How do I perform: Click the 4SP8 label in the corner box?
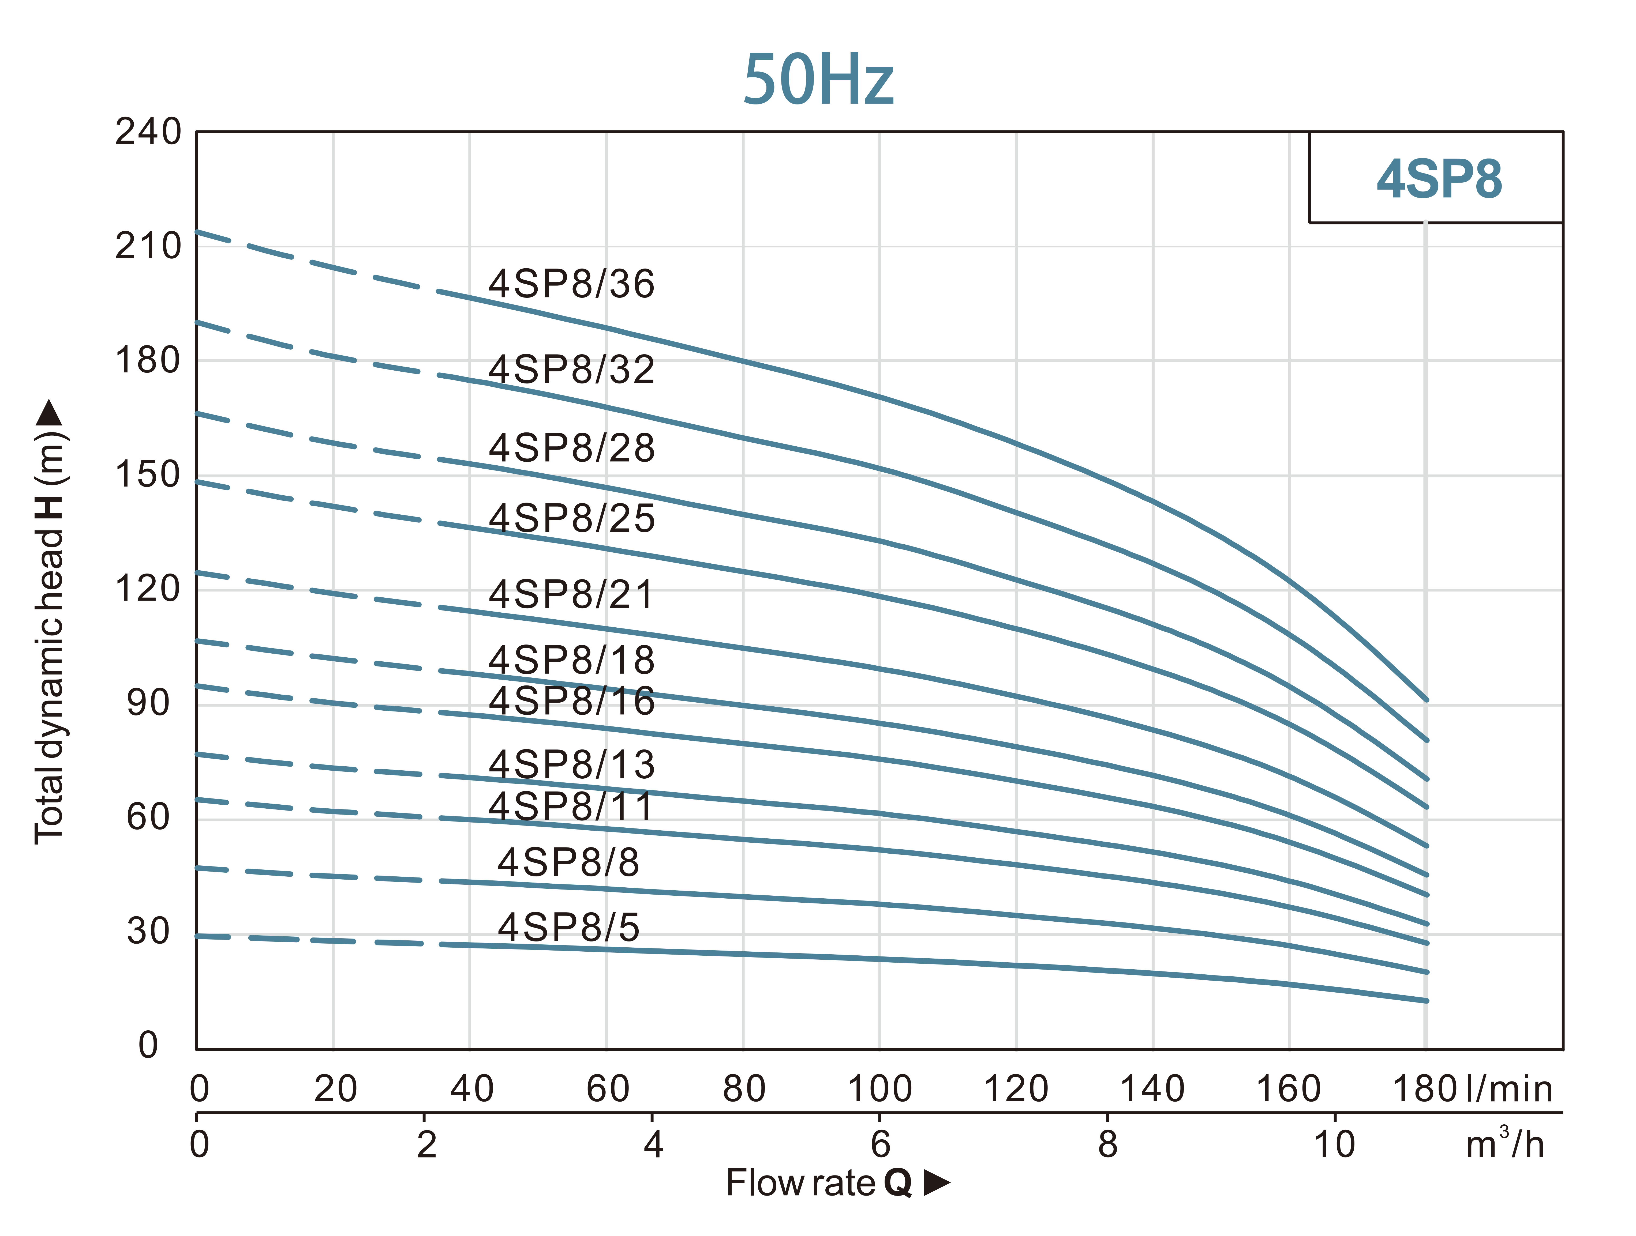tap(1439, 180)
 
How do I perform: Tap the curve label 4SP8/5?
tap(568, 927)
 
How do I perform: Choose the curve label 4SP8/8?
tap(568, 862)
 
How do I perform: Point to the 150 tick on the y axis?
tap(148, 474)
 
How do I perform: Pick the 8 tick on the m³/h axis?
tap(1107, 1144)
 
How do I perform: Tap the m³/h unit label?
tap(1505, 1144)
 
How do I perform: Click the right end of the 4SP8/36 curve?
tap(1426, 699)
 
